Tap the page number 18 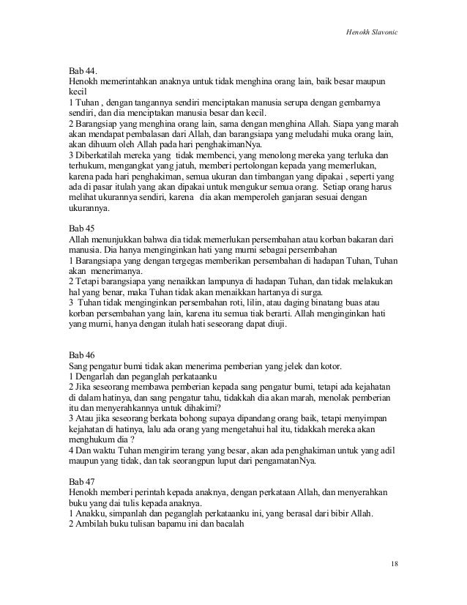395,563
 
